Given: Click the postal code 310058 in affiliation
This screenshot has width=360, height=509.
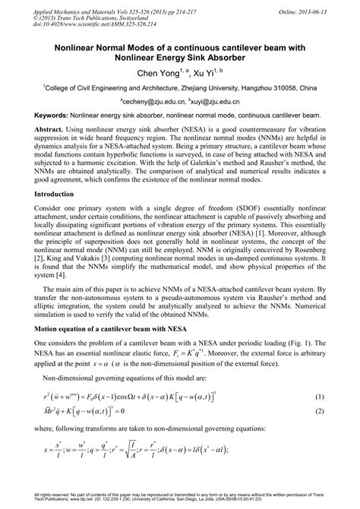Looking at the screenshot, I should coord(290,87).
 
